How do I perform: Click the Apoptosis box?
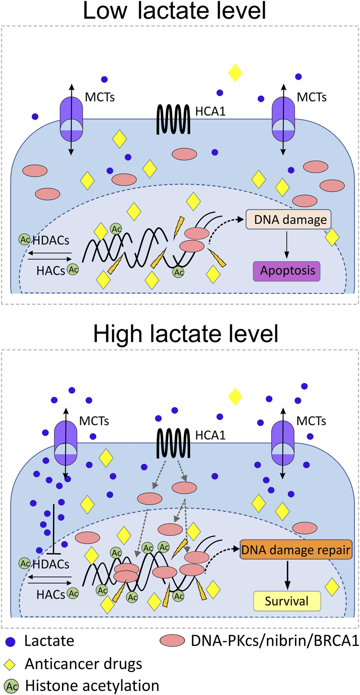287,271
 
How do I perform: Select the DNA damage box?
289,220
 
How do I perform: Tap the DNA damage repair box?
296,550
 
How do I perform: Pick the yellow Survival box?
287,601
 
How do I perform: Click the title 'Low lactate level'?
174,11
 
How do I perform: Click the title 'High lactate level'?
186,334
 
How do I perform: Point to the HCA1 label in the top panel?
210,111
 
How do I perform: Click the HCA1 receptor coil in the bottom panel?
174,443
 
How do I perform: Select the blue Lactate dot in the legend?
10,642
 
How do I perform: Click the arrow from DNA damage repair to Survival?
288,575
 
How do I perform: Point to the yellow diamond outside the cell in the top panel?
235,73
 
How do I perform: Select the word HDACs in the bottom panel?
51,564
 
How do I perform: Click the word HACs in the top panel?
51,270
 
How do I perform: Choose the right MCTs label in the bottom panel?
311,421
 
